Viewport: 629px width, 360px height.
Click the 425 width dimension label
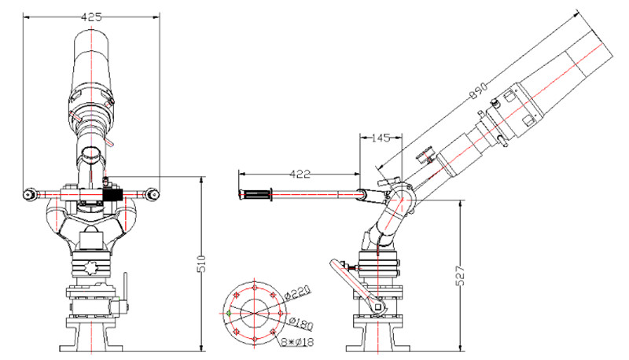point(91,17)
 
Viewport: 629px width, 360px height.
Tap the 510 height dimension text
point(202,263)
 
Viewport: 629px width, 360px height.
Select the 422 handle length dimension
point(300,174)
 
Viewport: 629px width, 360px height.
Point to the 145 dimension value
point(381,138)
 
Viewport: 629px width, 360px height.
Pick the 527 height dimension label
point(461,275)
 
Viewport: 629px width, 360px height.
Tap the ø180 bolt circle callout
point(301,323)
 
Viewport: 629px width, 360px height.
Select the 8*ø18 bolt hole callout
point(297,342)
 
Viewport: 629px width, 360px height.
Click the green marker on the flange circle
point(229,313)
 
